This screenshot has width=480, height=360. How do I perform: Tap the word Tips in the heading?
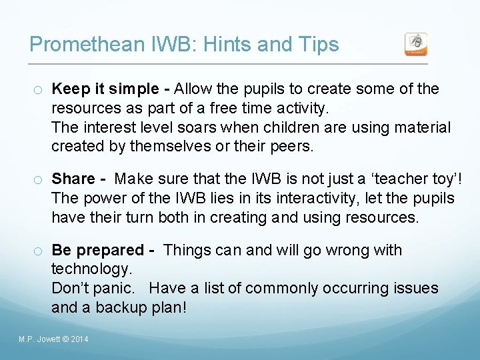tap(317, 45)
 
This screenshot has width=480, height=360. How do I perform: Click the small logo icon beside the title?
tap(416, 44)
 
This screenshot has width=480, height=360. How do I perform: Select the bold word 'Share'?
tap(73, 179)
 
